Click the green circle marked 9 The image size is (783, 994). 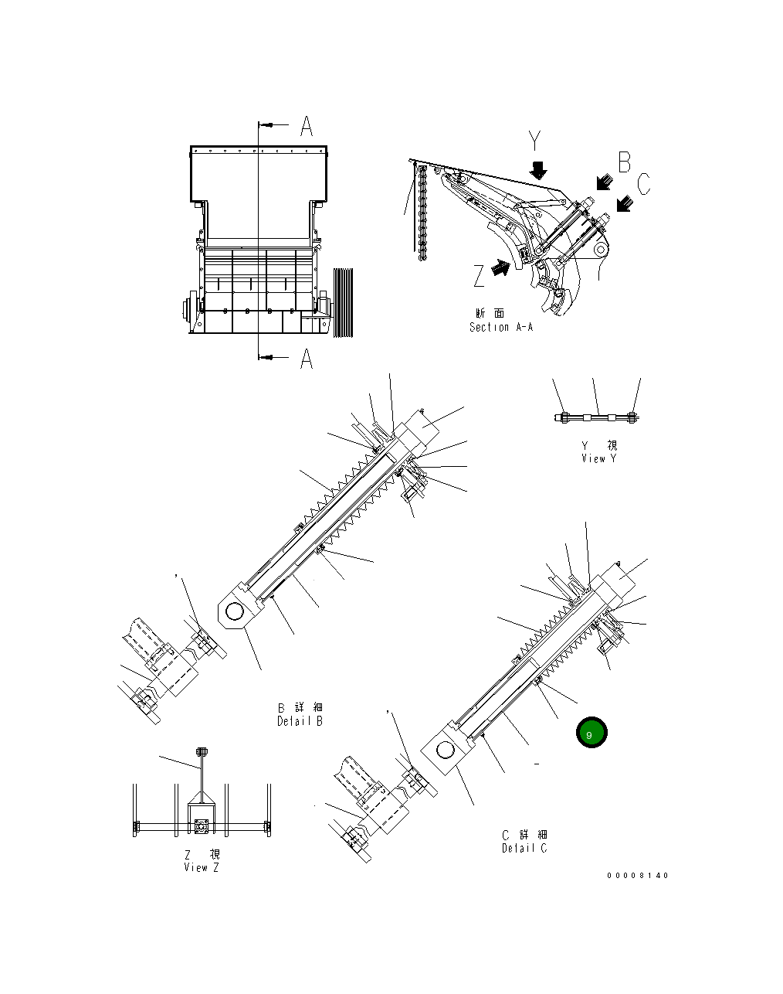[591, 734]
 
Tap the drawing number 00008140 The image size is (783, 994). [638, 876]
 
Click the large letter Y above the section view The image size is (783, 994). [536, 141]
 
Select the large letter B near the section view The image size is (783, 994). [624, 162]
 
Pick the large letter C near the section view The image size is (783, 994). [644, 184]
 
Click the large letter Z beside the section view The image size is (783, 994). [480, 274]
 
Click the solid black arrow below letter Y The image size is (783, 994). [539, 169]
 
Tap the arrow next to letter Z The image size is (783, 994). [501, 267]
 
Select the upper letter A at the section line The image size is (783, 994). [307, 126]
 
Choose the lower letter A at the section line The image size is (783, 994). [307, 359]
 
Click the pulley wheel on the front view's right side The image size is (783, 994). [343, 302]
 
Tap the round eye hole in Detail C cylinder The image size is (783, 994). [444, 750]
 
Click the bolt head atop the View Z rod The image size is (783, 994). [202, 751]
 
